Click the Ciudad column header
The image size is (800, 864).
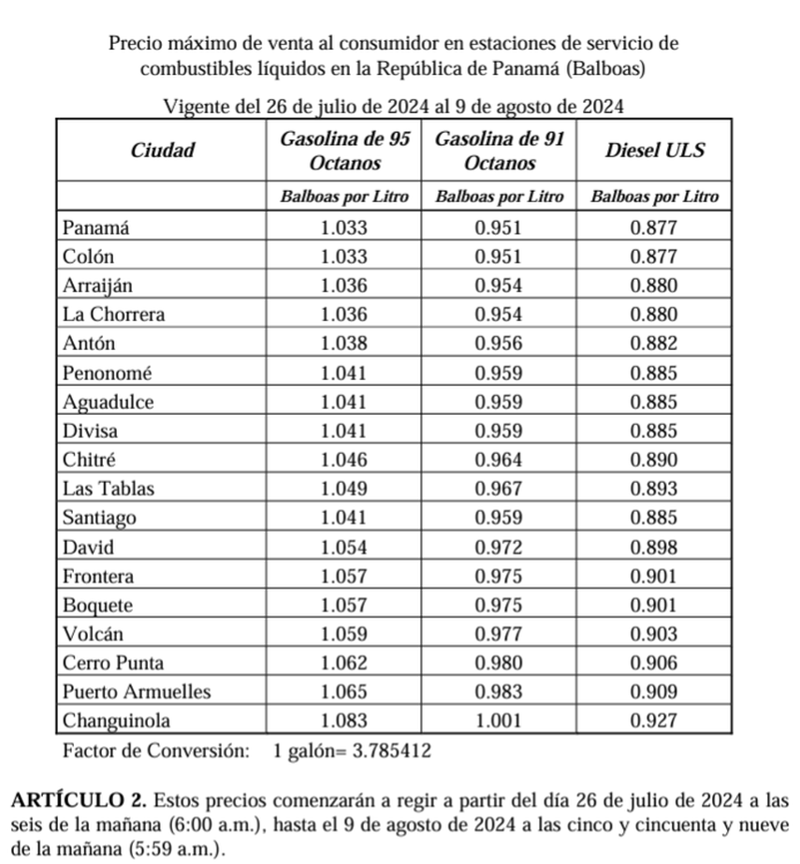point(164,150)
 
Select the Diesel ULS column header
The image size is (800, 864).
point(654,150)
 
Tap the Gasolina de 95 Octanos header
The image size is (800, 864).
point(345,150)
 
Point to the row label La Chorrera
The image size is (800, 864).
point(113,315)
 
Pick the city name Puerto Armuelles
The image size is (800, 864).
point(137,692)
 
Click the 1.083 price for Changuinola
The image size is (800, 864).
point(344,721)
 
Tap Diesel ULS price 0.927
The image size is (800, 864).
point(654,721)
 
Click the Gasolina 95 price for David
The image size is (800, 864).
point(344,547)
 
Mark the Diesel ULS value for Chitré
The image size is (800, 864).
point(654,460)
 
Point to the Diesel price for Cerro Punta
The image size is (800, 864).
point(654,663)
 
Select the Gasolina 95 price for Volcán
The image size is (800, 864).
point(344,634)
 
